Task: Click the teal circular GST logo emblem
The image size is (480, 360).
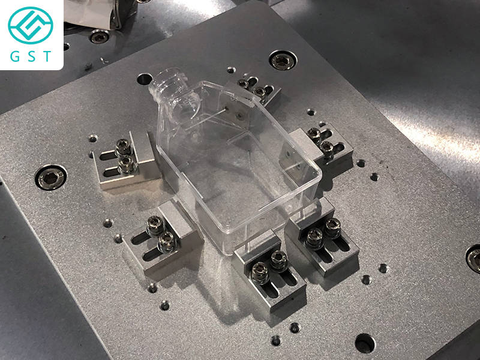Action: pyautogui.click(x=31, y=25)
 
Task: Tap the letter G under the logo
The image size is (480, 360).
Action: pyautogui.click(x=14, y=56)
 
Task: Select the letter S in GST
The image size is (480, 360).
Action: pyautogui.click(x=32, y=56)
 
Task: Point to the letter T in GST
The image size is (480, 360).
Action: pyautogui.click(x=47, y=56)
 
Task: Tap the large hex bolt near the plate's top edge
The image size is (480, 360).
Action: pyautogui.click(x=283, y=60)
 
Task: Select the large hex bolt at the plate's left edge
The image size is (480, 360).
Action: pyautogui.click(x=51, y=178)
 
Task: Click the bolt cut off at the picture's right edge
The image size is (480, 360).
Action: pyautogui.click(x=473, y=259)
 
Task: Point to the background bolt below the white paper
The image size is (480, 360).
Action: pyautogui.click(x=99, y=36)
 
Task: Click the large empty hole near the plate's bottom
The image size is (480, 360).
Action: pyautogui.click(x=365, y=343)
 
